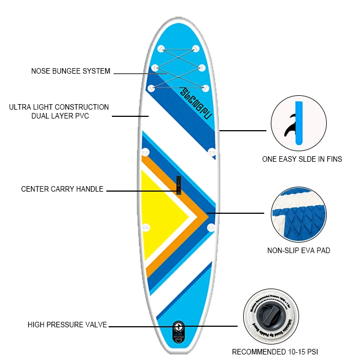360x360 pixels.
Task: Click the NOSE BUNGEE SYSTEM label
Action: (x=70, y=71)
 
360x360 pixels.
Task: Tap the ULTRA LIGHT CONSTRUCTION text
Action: (x=59, y=107)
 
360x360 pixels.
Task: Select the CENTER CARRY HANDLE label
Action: (x=62, y=189)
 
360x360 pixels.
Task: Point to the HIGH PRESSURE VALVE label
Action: (x=67, y=325)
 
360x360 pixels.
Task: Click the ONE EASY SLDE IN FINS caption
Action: (x=302, y=159)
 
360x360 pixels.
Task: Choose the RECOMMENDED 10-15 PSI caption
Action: (x=275, y=352)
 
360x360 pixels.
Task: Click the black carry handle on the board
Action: (x=179, y=185)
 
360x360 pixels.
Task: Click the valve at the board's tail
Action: (x=178, y=326)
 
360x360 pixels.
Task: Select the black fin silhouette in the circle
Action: (x=289, y=128)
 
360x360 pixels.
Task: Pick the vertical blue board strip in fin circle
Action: (x=300, y=124)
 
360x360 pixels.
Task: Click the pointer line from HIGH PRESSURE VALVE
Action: (x=138, y=326)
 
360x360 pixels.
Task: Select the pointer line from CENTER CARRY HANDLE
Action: (x=141, y=191)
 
